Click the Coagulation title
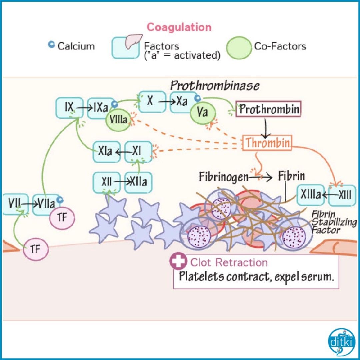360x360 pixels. (179, 27)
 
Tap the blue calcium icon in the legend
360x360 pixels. (51, 44)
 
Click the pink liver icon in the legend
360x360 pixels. (134, 41)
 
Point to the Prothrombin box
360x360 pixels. (268, 109)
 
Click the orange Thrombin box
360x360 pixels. (267, 143)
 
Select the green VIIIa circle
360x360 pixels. (118, 119)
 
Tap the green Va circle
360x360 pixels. (203, 113)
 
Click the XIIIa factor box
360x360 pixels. (310, 195)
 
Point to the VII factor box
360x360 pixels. (15, 204)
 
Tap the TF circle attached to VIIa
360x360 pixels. (62, 217)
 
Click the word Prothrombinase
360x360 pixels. (215, 86)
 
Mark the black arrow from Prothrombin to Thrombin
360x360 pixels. (266, 127)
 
